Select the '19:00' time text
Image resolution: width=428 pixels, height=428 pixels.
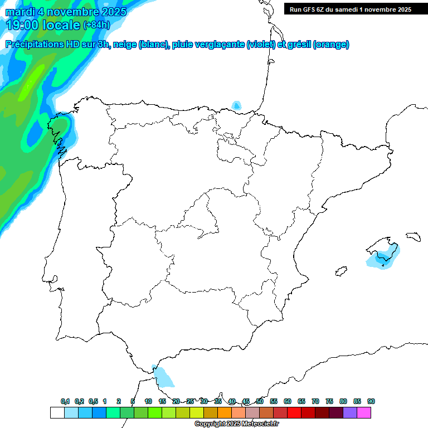[23, 25]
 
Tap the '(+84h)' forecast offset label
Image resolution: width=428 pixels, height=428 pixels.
[96, 25]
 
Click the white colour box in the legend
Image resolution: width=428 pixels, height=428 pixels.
[57, 412]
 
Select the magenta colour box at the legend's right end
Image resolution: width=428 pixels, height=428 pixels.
[364, 412]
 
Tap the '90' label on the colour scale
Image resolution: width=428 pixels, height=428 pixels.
[371, 401]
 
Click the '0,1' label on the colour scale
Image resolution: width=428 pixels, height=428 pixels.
[65, 401]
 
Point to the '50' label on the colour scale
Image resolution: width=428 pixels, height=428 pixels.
[260, 401]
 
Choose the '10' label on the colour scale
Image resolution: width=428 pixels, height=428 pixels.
[148, 401]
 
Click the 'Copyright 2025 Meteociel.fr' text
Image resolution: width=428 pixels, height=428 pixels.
[236, 424]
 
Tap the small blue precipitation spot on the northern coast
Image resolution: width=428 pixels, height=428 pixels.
[237, 105]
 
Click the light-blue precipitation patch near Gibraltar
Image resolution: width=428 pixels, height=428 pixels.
[163, 377]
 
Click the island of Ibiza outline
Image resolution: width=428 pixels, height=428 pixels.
[338, 272]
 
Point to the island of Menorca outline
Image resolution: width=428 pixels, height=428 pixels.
[412, 236]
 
